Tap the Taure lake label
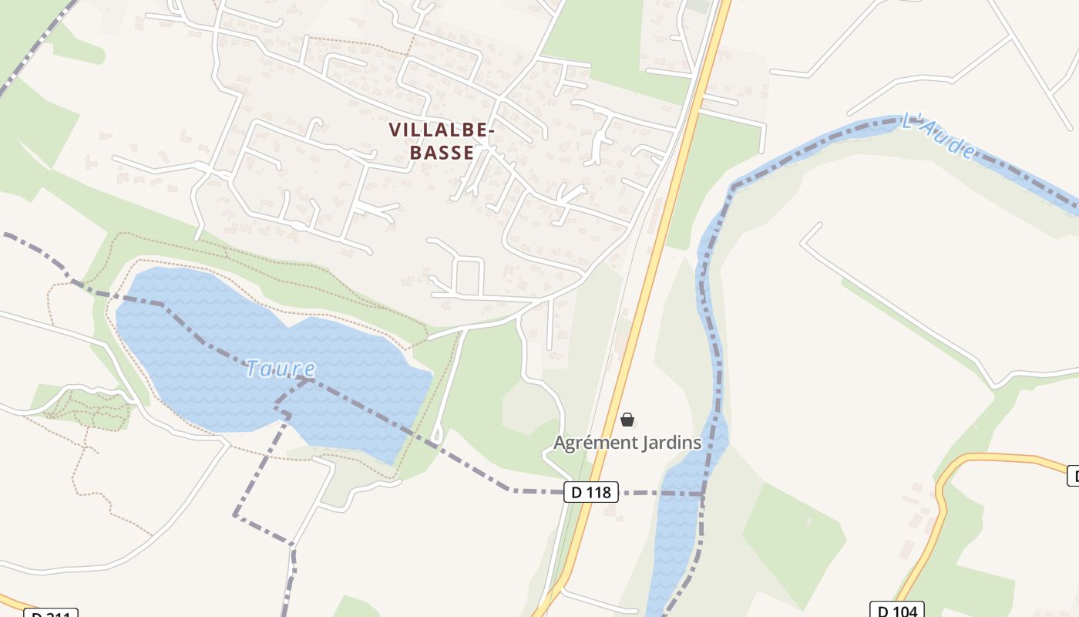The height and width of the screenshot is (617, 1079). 281,369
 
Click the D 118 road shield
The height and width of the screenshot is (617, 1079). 591,491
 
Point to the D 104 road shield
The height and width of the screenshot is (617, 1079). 896,611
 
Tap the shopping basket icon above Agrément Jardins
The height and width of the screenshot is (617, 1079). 627,420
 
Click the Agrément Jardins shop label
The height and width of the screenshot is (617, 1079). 627,443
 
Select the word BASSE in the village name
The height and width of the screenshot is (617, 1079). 442,152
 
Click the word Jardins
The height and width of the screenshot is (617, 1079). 672,443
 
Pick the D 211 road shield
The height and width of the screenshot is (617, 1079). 51,614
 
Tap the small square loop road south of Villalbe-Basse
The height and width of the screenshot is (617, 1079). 469,277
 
